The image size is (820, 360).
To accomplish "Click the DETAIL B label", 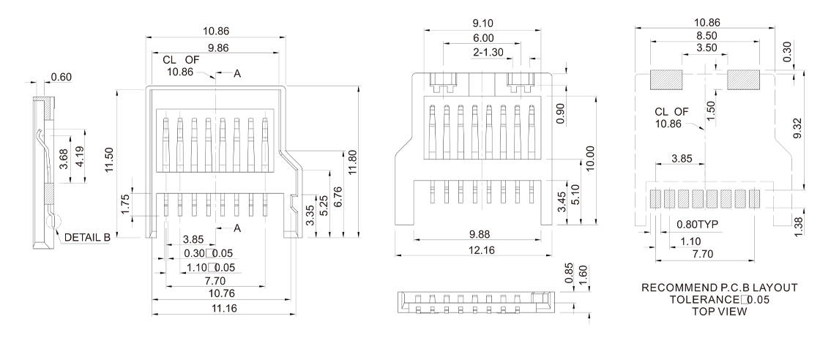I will pos(87,238).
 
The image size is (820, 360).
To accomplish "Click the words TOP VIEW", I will pos(707,312).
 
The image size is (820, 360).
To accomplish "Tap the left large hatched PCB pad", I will pos(666,78).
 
